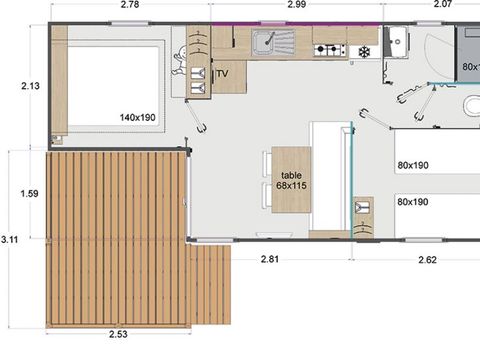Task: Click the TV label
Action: pos(222,73)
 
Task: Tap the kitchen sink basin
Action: pos(265,43)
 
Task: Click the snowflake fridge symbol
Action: pos(364,51)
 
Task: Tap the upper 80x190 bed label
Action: pos(412,165)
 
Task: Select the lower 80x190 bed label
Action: pos(412,202)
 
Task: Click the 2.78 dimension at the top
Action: pos(129,6)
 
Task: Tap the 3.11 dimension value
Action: pos(10,239)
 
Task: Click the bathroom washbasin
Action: pos(396,42)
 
